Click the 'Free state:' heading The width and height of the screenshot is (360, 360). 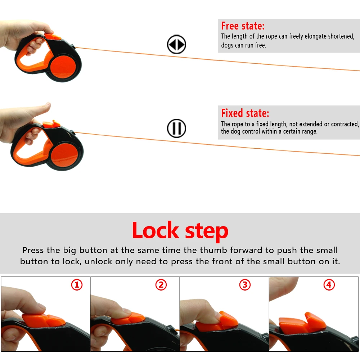[243, 26]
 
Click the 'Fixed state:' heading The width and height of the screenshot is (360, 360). [245, 113]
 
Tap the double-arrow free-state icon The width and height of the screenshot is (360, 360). [176, 44]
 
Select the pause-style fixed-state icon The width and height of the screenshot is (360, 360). [176, 129]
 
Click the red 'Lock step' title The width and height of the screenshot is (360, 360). [180, 231]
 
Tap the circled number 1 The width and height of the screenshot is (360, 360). [77, 285]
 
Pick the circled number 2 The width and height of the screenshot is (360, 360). [161, 285]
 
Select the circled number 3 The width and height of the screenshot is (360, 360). [245, 285]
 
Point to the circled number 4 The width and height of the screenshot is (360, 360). [329, 285]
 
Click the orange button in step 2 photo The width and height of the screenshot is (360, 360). [128, 318]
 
